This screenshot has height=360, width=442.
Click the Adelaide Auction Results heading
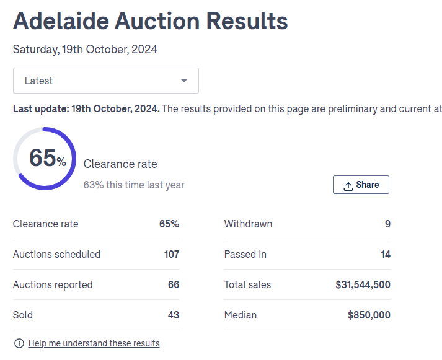point(150,21)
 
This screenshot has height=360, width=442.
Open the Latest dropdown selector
point(105,81)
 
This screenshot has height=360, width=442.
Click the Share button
point(361,185)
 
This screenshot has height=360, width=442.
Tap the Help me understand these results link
point(94,343)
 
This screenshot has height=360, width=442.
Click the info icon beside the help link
point(19,343)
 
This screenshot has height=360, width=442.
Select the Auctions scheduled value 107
point(172,254)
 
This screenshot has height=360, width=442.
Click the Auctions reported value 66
point(174,284)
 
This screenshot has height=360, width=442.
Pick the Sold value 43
point(174,315)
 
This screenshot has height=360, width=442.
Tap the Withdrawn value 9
point(387,224)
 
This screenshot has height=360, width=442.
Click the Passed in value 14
point(386,254)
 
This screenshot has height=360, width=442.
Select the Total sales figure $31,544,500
point(363,284)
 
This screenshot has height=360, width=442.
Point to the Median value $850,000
point(369,315)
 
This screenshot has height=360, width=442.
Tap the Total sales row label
point(247,284)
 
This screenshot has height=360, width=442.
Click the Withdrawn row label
point(248,224)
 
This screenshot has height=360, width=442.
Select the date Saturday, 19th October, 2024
point(85,50)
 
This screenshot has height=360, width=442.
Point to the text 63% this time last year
point(134,185)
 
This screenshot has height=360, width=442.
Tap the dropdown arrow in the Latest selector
point(184,81)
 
